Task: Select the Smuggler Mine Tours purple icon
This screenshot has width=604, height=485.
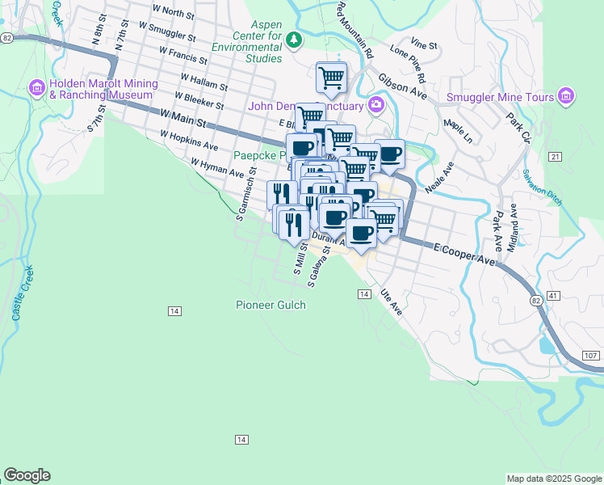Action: click(x=566, y=98)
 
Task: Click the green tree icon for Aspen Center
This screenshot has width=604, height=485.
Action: click(x=295, y=39)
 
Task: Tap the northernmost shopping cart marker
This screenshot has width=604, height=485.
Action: click(x=331, y=78)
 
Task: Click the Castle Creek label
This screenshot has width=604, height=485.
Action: click(x=20, y=293)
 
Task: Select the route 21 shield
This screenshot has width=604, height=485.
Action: click(x=553, y=155)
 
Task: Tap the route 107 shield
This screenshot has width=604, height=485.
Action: click(x=590, y=356)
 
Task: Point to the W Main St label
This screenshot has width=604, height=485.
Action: click(x=183, y=120)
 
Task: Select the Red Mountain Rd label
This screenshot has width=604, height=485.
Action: click(x=355, y=30)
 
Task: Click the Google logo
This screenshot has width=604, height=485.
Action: click(x=27, y=475)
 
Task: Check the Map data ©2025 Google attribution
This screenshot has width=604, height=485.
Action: click(x=553, y=479)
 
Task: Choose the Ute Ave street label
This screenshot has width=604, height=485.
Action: click(x=391, y=303)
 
